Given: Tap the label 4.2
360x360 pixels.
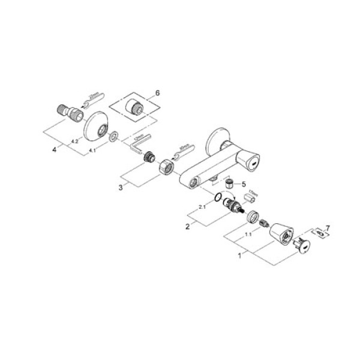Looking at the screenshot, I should (x=74, y=140).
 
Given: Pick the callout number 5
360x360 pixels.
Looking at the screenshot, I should (x=243, y=184).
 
